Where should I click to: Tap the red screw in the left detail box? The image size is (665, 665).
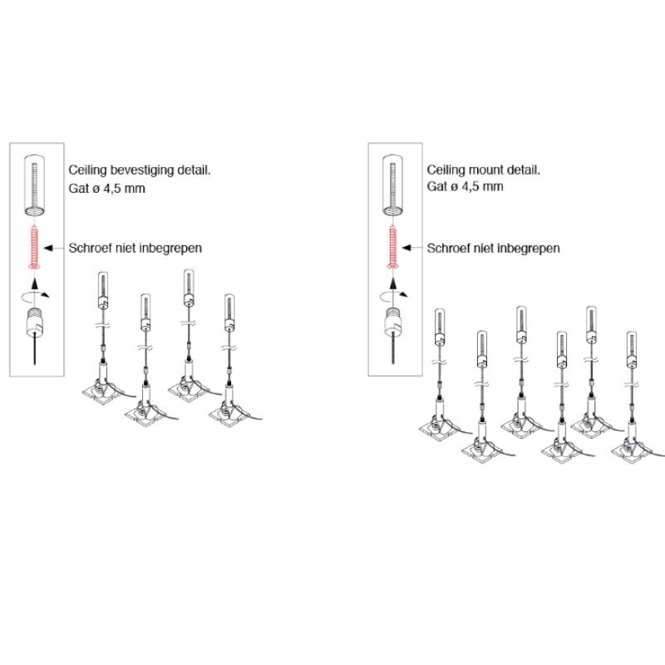[35, 247]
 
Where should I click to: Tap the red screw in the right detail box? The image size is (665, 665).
[393, 247]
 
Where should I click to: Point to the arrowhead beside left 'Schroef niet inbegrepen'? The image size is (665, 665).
[48, 248]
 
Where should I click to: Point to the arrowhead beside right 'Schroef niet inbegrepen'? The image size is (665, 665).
[406, 248]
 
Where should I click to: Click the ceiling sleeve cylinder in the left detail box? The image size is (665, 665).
[35, 185]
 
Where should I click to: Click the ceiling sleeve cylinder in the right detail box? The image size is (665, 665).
[393, 185]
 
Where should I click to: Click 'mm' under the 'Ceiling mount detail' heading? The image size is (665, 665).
[494, 186]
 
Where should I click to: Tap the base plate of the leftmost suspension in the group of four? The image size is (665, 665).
[101, 394]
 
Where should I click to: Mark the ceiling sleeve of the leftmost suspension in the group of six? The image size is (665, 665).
[440, 327]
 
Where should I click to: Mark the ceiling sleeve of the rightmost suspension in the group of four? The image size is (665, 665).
[229, 313]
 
